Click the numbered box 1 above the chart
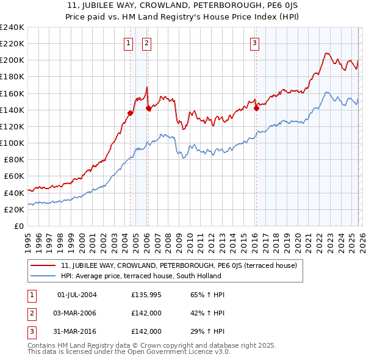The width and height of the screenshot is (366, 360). [129, 43]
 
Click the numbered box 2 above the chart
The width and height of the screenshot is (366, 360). [147, 43]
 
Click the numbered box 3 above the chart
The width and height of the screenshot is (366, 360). [254, 43]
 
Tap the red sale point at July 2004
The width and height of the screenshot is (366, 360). [130, 113]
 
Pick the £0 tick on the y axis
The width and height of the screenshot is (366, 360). [19, 226]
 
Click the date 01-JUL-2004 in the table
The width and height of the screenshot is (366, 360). [77, 295]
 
